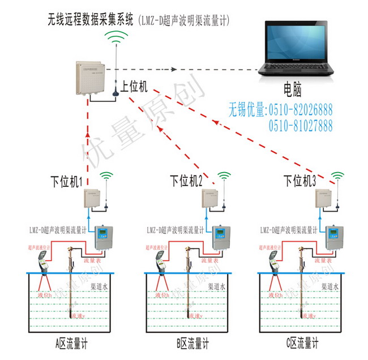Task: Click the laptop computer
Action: (297, 52)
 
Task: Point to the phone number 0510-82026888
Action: (300, 109)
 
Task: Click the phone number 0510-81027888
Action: (300, 125)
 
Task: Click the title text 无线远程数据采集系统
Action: (91, 21)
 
